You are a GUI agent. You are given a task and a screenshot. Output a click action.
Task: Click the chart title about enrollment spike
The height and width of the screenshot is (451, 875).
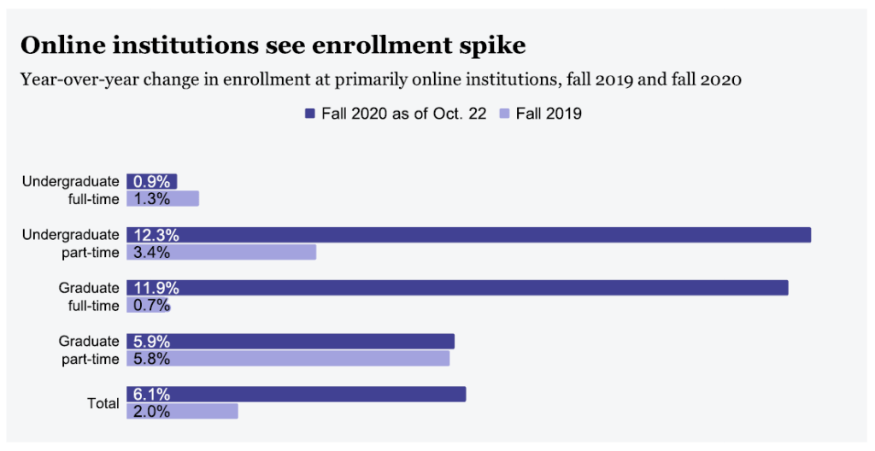tap(273, 44)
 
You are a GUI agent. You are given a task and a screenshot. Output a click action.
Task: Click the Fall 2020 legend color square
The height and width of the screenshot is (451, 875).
tap(310, 114)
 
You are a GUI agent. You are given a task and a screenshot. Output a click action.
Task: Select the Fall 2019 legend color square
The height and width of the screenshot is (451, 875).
tap(505, 114)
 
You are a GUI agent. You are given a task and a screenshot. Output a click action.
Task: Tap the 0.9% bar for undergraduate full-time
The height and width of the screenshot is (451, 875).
tap(152, 181)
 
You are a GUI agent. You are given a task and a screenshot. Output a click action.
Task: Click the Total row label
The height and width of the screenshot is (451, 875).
tap(103, 402)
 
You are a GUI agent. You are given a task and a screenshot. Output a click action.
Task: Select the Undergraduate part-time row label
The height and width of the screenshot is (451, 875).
tap(71, 243)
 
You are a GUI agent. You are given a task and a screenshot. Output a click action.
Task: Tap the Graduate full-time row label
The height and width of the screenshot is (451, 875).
tap(89, 296)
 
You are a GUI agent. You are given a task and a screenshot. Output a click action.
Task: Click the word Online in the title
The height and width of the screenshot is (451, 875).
tap(60, 44)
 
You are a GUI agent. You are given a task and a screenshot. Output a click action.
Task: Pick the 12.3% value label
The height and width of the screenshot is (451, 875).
tap(156, 235)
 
